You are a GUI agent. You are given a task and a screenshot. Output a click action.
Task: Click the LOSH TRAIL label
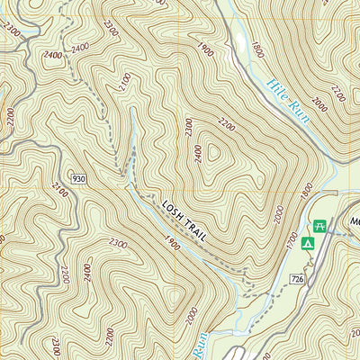pos(184,220)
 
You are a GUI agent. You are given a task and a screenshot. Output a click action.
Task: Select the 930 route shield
pos(78,180)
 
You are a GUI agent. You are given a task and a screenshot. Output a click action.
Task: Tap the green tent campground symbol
pos(308,243)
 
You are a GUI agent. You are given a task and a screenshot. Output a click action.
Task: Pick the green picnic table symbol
pos(318,225)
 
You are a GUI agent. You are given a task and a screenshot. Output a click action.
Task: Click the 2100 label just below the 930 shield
pos(60,190)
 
